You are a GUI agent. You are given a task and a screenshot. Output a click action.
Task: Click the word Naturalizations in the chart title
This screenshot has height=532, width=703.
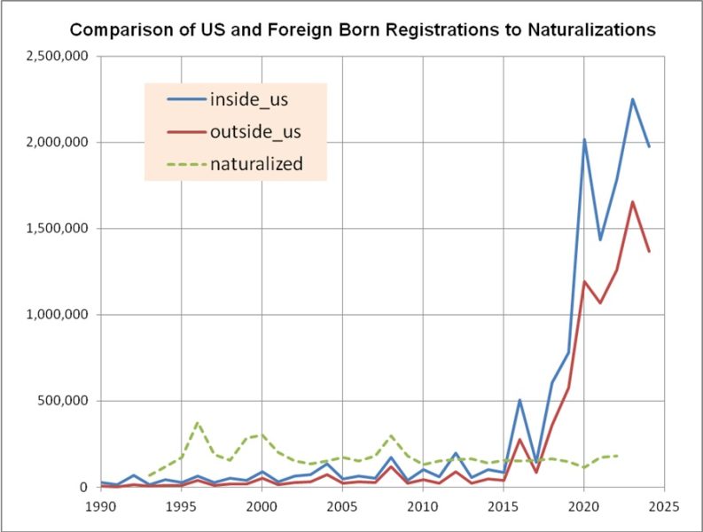point(591,29)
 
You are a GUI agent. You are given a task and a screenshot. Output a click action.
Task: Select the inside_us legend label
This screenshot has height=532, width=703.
point(249,99)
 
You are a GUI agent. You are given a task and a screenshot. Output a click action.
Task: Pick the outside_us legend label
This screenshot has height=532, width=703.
point(255,132)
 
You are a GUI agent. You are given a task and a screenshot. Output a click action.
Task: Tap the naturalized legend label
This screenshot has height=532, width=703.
point(256,164)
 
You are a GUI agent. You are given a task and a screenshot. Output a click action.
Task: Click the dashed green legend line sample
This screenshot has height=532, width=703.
point(186,164)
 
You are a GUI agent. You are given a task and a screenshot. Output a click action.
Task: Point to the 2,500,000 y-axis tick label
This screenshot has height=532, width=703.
point(58,57)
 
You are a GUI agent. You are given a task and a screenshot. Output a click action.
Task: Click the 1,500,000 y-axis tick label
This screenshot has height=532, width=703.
point(58,229)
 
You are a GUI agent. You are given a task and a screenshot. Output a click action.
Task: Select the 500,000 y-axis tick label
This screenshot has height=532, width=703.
point(63,401)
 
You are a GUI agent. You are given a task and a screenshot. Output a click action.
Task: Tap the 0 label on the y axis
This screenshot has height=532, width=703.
point(84,487)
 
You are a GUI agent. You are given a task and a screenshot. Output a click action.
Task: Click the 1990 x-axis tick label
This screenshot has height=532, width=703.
point(101,506)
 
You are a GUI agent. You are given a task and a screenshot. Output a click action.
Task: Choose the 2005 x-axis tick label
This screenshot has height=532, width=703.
point(342,506)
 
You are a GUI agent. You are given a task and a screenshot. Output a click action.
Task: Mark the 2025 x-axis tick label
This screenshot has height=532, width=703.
point(664,506)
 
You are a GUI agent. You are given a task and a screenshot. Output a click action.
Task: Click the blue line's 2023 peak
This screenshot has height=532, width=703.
point(633,99)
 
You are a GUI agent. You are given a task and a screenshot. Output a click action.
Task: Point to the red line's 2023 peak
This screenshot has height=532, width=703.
point(633,202)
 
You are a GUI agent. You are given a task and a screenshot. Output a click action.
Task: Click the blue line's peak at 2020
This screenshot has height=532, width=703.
point(584,139)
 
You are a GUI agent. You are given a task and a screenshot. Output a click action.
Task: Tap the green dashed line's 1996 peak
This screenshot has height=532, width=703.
point(198,423)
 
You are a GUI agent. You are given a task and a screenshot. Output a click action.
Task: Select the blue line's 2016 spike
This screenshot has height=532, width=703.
point(519,400)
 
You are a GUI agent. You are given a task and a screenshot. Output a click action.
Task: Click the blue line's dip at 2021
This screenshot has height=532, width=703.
point(600,240)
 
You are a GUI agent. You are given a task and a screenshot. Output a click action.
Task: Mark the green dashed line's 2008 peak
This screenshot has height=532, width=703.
point(391,435)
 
